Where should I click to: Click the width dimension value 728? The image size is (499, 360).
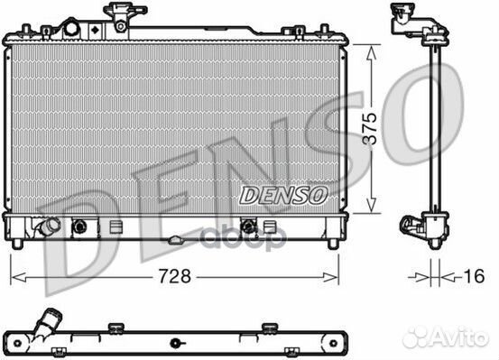[175, 276]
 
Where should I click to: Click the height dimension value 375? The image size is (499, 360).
[370, 128]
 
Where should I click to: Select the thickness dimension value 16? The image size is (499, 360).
[474, 276]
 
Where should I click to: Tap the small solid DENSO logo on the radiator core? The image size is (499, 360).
[283, 195]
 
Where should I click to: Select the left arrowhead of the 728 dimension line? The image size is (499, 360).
[18, 278]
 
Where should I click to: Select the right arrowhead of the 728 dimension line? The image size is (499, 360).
[330, 278]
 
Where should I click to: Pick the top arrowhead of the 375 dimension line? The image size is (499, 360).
[371, 52]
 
